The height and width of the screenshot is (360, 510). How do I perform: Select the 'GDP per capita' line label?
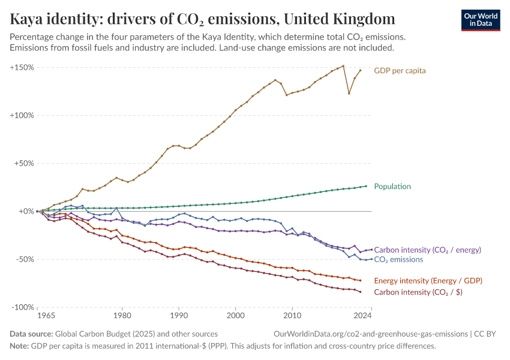(x=400, y=70)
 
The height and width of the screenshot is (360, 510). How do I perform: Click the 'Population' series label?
(x=392, y=186)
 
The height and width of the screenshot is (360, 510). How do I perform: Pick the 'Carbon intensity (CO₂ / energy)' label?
(x=427, y=250)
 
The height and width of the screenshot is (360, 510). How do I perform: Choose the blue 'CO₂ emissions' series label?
(x=398, y=259)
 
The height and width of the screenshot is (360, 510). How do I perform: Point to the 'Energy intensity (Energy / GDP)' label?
(x=428, y=280)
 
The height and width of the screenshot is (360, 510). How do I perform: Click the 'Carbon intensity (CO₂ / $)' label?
(x=418, y=292)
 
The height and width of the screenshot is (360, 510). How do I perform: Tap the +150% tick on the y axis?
(x=22, y=67)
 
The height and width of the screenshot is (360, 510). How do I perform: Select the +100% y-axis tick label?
(x=22, y=115)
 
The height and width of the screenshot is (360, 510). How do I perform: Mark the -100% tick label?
(x=23, y=307)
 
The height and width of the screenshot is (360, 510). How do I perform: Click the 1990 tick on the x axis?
(x=179, y=315)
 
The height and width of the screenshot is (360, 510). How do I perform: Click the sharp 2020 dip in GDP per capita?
(x=349, y=93)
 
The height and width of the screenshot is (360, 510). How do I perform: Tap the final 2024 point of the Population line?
(x=366, y=186)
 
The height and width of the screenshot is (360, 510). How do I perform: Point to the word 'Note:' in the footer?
(x=19, y=346)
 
